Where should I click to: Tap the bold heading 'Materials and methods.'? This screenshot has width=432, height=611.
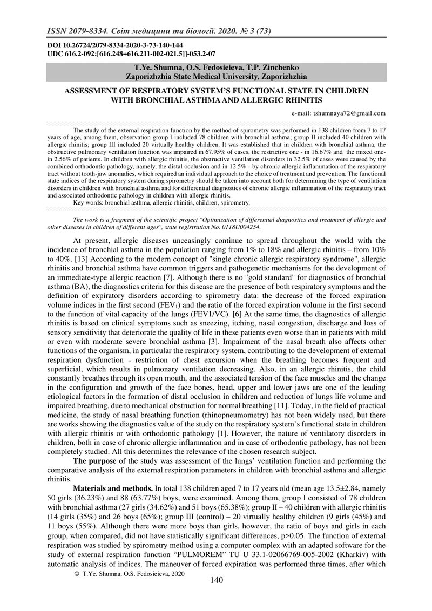point(113,488)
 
